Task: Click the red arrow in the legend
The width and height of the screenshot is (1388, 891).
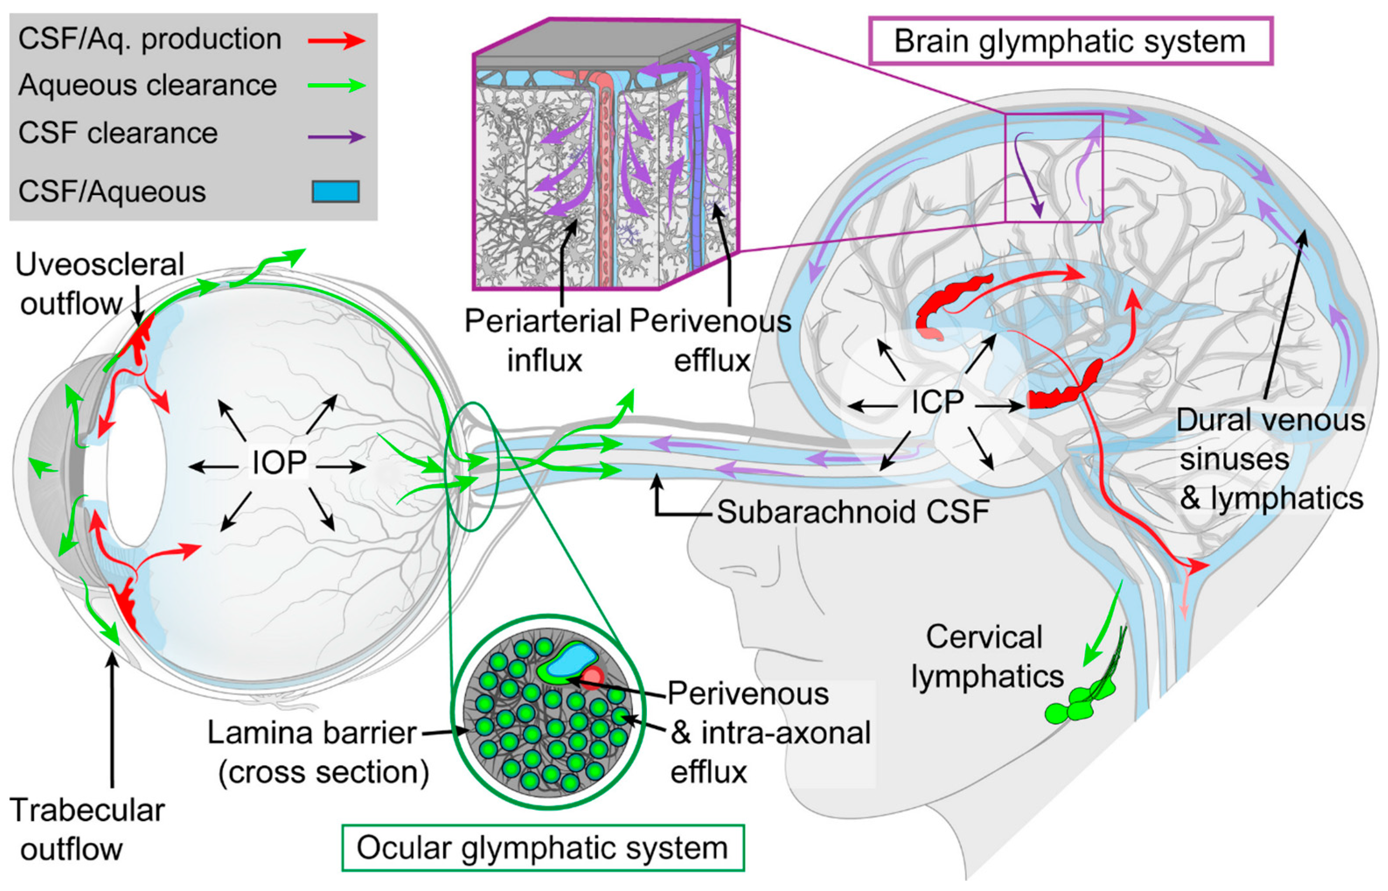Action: (x=336, y=41)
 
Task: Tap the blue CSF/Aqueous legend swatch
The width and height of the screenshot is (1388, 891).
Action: (x=336, y=191)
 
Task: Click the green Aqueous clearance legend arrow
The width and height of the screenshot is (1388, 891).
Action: (x=336, y=86)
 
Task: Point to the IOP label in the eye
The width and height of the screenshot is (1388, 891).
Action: (x=279, y=463)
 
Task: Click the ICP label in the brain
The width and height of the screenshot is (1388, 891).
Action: (x=937, y=403)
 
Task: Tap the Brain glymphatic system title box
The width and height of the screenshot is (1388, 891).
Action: (x=1070, y=41)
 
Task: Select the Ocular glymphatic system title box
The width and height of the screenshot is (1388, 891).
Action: (x=543, y=848)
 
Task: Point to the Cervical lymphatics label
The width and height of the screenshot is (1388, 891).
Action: (x=987, y=657)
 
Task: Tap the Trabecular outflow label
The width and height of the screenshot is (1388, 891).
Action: (x=87, y=829)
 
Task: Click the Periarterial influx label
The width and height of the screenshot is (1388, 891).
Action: (x=543, y=340)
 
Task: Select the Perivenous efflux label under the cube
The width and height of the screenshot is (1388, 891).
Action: (x=710, y=340)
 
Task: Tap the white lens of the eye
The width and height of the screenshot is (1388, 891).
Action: (x=136, y=466)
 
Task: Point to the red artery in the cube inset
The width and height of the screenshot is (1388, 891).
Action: (x=605, y=174)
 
